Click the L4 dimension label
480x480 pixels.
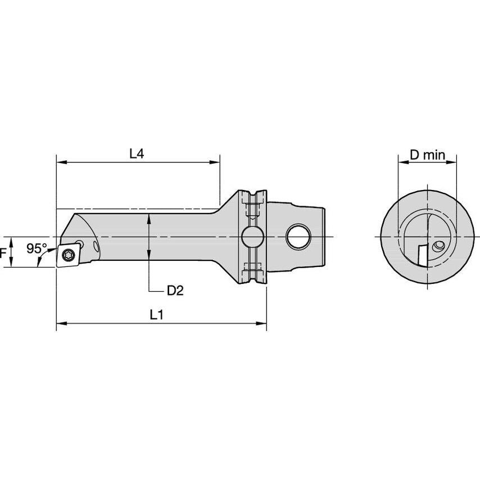click(x=137, y=153)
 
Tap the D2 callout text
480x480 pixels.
click(x=175, y=290)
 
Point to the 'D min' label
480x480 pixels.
click(x=427, y=155)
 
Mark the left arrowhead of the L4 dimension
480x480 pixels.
click(x=60, y=162)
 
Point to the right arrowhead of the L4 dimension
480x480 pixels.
click(x=216, y=162)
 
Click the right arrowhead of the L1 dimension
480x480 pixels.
click(x=262, y=323)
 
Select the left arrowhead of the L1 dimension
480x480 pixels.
click(x=60, y=323)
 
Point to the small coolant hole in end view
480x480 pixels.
click(x=439, y=246)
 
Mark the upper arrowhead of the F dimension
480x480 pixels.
click(x=10, y=241)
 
